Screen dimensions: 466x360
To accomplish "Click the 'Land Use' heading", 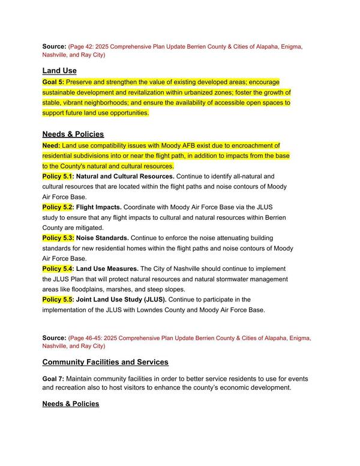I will click(59, 70).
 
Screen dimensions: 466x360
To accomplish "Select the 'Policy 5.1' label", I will click(57, 176).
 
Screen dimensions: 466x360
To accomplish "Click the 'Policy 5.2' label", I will click(57, 207).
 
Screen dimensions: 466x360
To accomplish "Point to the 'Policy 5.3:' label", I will click(58, 238).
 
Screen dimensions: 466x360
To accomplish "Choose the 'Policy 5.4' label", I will click(57, 268).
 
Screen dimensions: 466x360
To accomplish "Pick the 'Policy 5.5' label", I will click(57, 299).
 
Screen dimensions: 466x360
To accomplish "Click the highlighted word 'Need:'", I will click(51, 145).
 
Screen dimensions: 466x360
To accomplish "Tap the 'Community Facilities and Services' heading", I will click(105, 362).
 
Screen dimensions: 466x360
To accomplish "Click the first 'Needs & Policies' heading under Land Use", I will click(73, 134).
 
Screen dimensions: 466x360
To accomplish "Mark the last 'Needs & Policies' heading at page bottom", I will click(70, 404).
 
